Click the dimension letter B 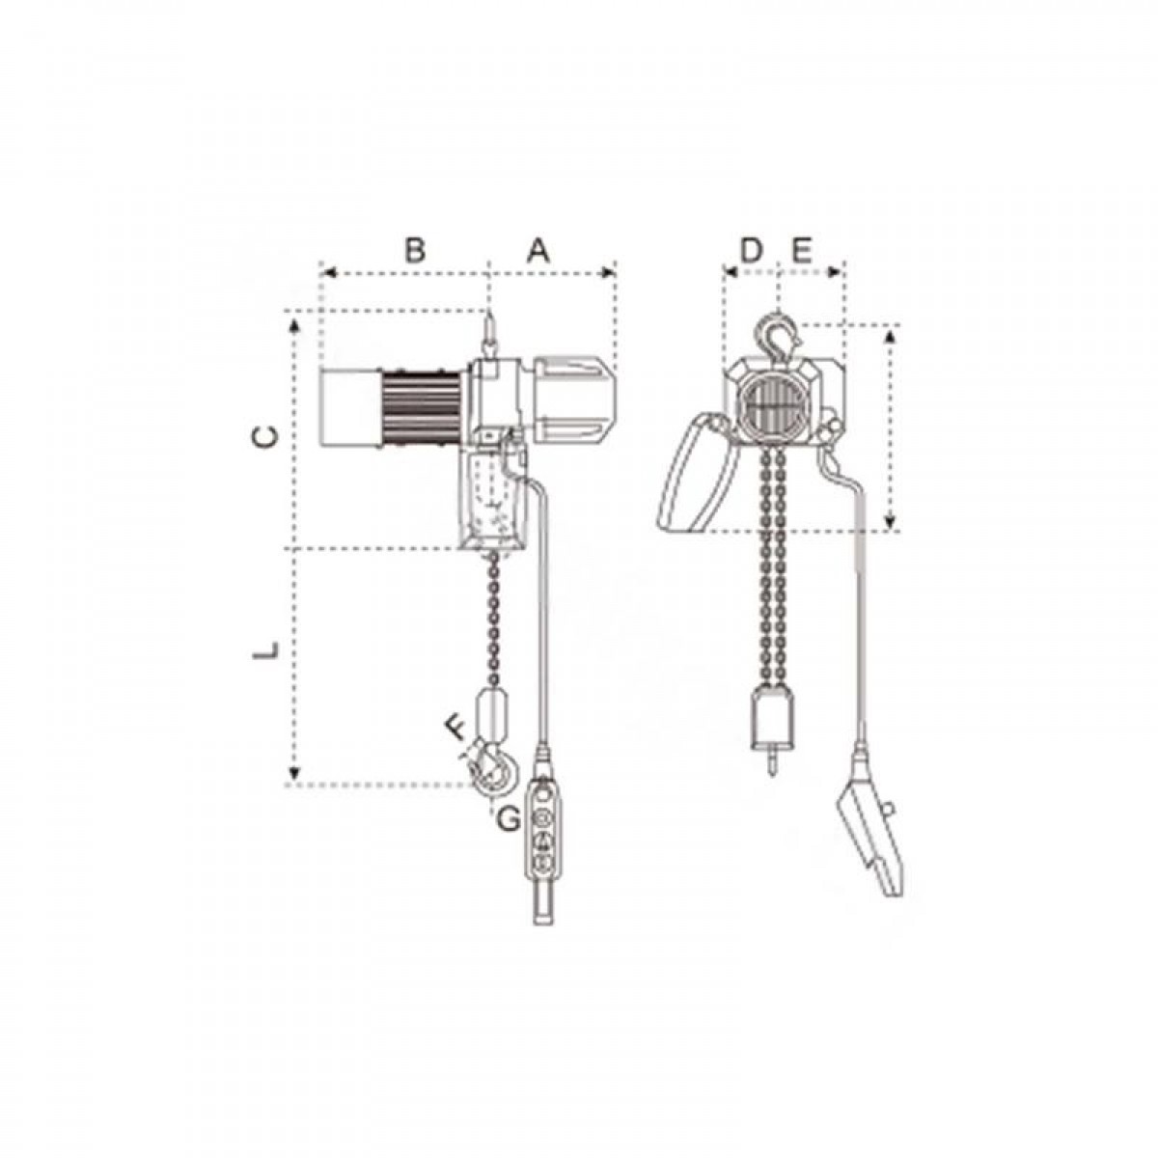pyautogui.click(x=414, y=251)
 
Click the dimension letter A pyautogui.click(x=538, y=251)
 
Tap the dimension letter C pyautogui.click(x=265, y=437)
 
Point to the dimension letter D pyautogui.click(x=750, y=251)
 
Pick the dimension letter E pyautogui.click(x=802, y=251)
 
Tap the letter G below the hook pyautogui.click(x=509, y=819)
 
